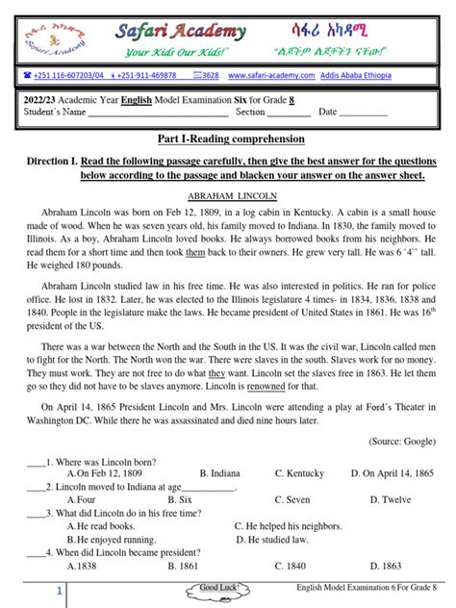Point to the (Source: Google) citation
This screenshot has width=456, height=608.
pos(403,441)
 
